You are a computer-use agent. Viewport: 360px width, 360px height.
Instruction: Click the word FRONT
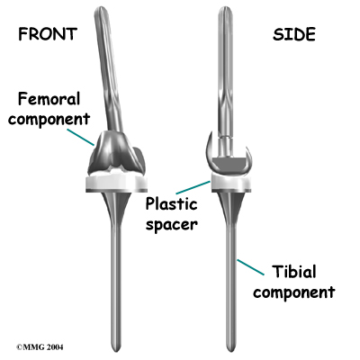click(48, 34)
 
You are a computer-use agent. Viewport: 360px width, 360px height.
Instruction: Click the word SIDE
click(294, 34)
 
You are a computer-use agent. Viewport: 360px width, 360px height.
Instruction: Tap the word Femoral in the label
click(49, 99)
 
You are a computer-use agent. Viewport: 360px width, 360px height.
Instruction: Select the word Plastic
click(171, 204)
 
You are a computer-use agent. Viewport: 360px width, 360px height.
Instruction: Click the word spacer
click(172, 224)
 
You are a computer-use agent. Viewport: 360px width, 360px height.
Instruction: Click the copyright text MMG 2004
click(40, 347)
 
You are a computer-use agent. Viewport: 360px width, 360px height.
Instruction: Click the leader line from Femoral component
click(80, 138)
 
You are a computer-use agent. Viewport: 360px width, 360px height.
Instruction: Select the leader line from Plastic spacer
click(193, 187)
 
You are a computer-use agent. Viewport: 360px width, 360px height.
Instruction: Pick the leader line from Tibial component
click(251, 267)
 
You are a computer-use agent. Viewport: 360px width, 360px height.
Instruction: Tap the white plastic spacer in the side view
click(231, 182)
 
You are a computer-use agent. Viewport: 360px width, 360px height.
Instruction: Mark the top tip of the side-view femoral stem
click(225, 7)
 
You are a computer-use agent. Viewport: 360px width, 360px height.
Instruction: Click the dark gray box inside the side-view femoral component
click(229, 163)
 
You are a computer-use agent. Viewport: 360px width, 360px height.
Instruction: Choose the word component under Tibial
click(294, 292)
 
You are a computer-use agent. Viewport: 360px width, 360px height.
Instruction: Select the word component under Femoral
click(49, 119)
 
